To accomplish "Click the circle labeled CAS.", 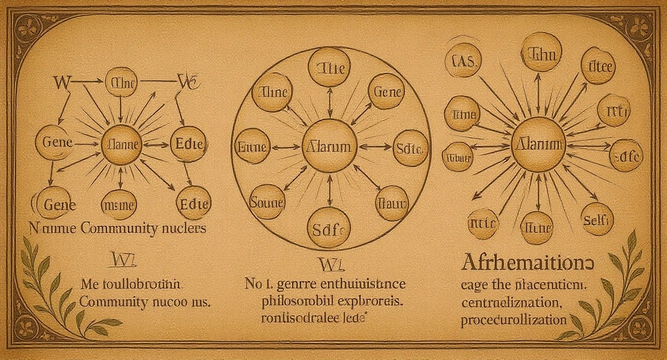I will (x=462, y=63).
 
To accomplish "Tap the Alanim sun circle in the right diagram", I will (x=538, y=144).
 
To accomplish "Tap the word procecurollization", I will (x=514, y=320).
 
